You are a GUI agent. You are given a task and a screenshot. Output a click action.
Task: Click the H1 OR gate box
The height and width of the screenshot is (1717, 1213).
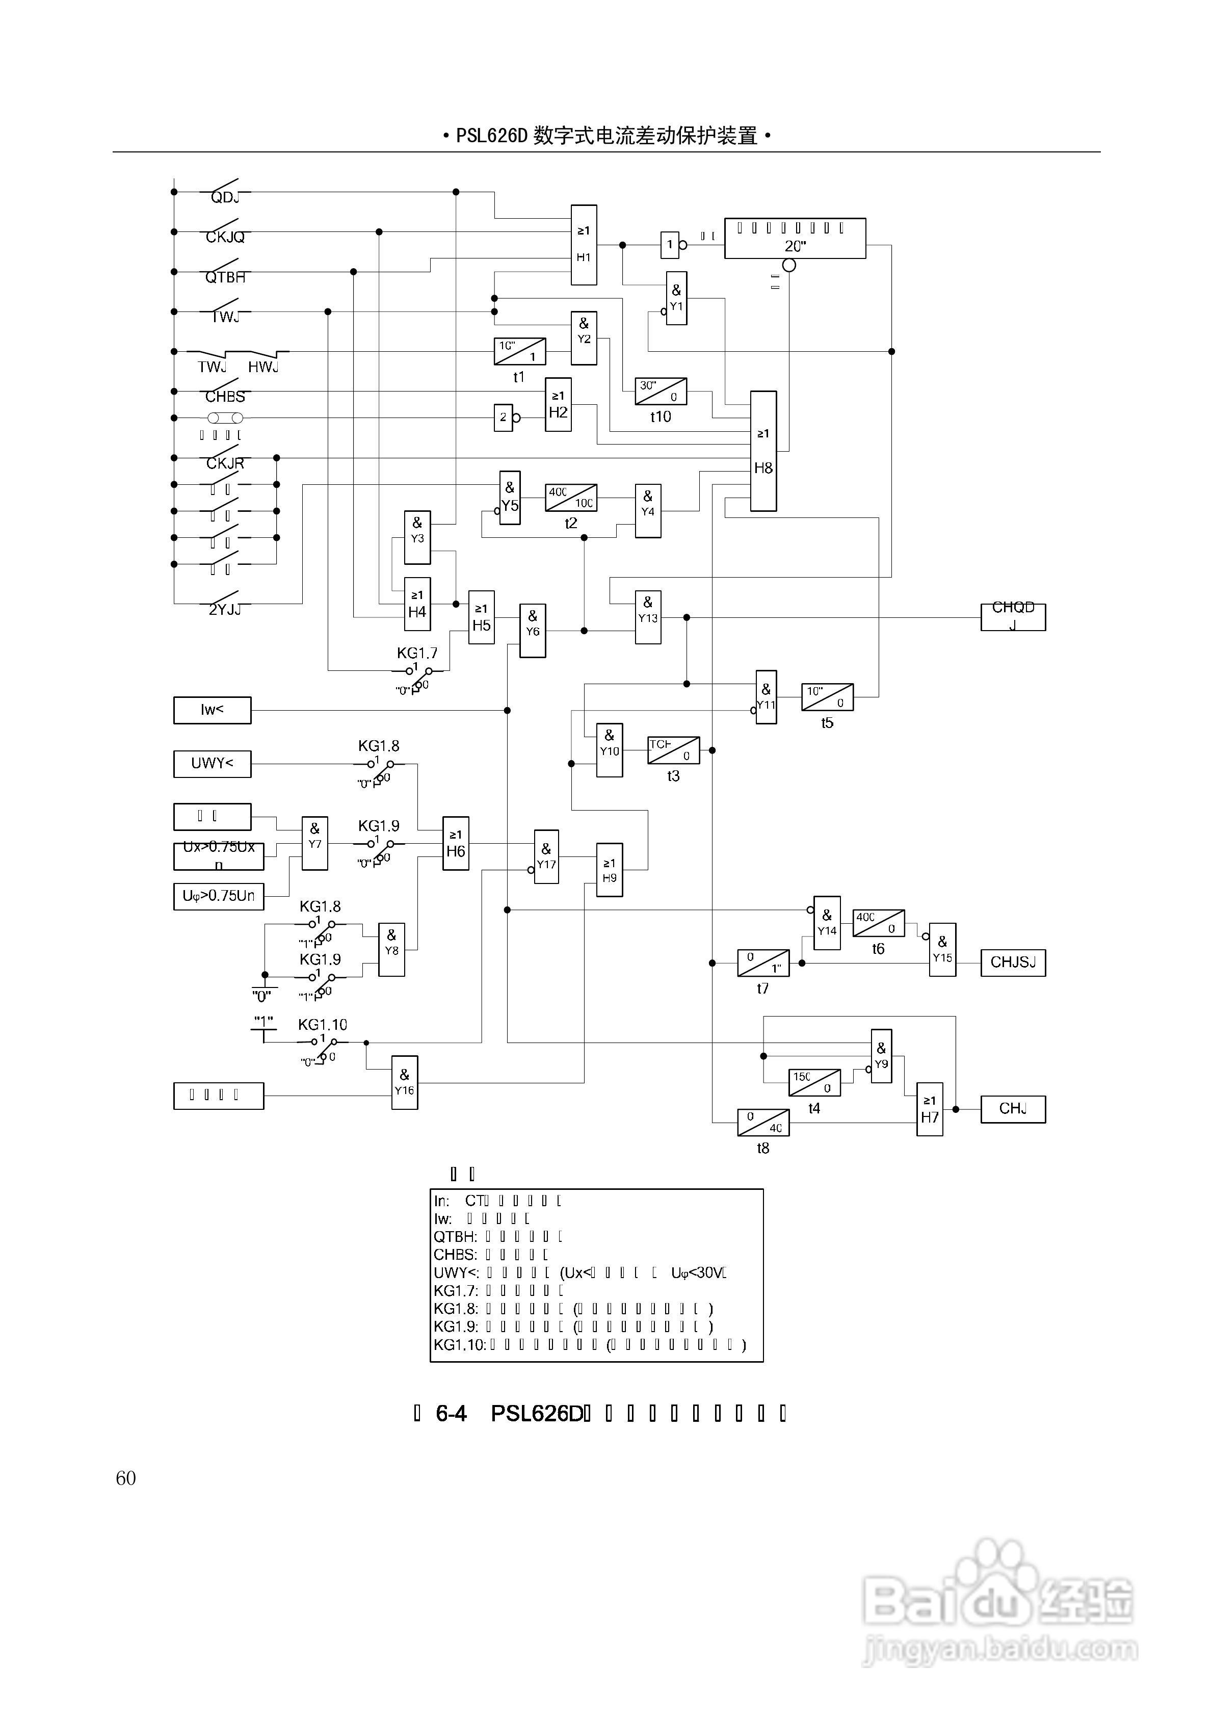584,245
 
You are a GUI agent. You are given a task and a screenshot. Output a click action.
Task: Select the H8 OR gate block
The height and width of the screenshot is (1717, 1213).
763,451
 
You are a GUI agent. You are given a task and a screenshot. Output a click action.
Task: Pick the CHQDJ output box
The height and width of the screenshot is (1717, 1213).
1013,617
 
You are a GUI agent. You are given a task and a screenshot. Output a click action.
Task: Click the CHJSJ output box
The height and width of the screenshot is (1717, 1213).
1013,962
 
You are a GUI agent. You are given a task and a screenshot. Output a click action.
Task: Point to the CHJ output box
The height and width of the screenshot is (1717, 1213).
1013,1109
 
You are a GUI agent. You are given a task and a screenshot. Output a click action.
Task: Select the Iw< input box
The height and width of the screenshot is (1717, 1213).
213,710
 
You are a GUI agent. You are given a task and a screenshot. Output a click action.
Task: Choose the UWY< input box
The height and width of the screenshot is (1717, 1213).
213,764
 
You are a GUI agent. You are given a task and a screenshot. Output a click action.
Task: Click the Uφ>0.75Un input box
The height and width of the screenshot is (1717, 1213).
218,896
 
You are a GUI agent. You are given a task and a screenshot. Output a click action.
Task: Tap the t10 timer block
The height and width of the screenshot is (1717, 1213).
661,391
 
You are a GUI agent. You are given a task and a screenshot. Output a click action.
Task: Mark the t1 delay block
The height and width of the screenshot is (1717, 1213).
520,351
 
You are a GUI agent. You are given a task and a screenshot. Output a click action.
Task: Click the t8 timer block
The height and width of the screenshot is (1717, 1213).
763,1123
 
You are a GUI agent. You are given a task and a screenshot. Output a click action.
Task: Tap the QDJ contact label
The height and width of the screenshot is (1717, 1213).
224,197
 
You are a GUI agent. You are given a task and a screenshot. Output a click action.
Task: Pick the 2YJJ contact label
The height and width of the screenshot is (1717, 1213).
224,610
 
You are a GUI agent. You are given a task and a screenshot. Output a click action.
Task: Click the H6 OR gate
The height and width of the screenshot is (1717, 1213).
456,843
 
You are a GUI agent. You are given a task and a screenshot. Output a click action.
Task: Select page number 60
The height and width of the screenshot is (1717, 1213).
126,1478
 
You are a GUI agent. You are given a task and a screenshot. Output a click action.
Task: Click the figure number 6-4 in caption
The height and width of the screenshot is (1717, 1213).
451,1413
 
